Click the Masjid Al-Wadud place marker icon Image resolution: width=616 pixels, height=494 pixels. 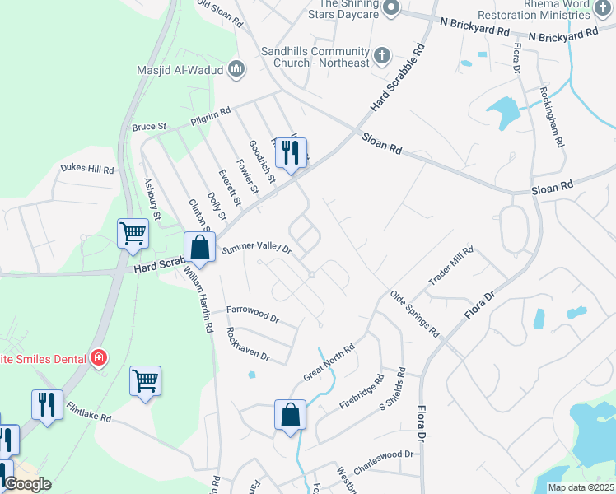[x=236, y=69]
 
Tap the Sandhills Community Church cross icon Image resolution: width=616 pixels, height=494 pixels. [x=381, y=56]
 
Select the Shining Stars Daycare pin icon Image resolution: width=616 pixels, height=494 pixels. [x=391, y=7]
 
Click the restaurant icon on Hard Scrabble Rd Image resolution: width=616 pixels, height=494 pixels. [x=291, y=153]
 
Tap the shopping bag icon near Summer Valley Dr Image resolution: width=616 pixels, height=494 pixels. [x=199, y=246]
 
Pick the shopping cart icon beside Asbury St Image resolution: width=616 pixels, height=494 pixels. [x=133, y=234]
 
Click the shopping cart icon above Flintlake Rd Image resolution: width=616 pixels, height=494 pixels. [x=145, y=381]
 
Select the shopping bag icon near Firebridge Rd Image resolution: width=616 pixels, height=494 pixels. [x=290, y=415]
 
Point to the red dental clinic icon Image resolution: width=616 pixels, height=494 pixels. [x=99, y=357]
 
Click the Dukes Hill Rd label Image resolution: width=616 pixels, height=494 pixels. [x=86, y=169]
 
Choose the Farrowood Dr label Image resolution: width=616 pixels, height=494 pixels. [x=253, y=314]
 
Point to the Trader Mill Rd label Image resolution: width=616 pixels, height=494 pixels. [x=451, y=267]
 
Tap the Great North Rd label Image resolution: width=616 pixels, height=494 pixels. [x=329, y=361]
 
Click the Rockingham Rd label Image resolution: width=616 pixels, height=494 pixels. [x=552, y=117]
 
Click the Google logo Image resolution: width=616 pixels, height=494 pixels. [x=27, y=484]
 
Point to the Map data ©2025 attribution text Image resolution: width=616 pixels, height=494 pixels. [x=580, y=487]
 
